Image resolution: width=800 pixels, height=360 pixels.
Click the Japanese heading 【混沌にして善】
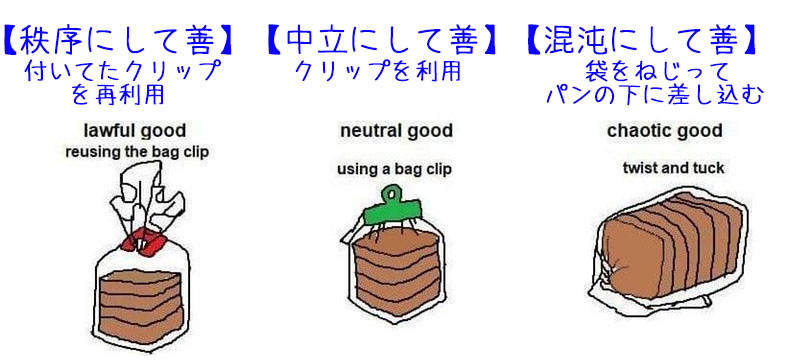coord(641,39)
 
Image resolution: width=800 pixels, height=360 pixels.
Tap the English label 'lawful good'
coord(135,131)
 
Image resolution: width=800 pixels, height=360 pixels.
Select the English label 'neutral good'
coord(396,131)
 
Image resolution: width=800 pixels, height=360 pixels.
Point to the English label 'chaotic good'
coord(664,131)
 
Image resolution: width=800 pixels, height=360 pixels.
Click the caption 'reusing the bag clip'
coord(137,152)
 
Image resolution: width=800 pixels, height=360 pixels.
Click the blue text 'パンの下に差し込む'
coord(655,95)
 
